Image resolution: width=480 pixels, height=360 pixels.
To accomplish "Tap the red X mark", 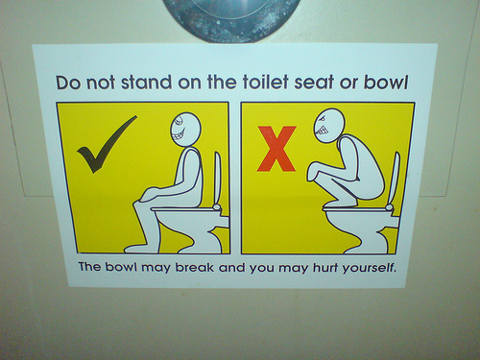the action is [276, 149].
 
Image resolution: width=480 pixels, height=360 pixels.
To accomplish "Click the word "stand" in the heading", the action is [146, 82].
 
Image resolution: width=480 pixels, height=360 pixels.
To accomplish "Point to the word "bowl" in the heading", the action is [386, 83].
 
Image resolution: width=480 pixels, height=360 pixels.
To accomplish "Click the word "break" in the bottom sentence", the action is [195, 267].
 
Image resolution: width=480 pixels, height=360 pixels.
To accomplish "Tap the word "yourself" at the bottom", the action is [369, 268].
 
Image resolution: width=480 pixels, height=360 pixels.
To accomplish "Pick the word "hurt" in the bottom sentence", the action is [324, 267].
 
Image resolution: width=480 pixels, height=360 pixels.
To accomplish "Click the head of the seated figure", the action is [185, 129].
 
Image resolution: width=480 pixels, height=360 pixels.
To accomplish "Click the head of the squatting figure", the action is [329, 126].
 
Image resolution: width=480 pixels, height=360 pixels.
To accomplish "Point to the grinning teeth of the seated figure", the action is [179, 134].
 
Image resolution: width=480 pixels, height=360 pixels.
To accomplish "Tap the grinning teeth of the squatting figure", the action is [322, 131].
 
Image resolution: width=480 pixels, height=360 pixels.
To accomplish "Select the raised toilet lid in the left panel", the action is [218, 180].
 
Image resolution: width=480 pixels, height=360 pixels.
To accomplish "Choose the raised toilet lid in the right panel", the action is [394, 180].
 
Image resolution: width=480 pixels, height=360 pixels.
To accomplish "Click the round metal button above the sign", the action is [231, 16].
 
